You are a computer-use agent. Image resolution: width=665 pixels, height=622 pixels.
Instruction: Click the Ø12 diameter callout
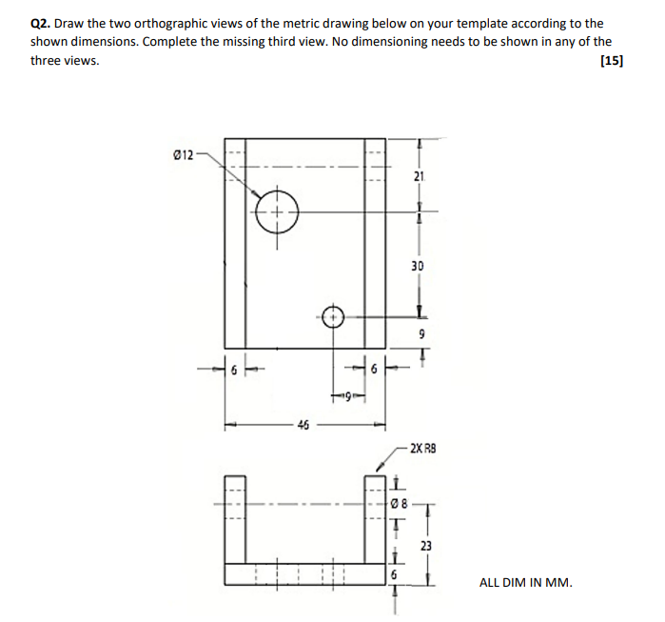(182, 154)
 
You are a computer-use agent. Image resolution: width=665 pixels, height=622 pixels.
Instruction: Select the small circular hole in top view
(333, 317)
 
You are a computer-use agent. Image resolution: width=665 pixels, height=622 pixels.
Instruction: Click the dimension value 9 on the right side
(421, 334)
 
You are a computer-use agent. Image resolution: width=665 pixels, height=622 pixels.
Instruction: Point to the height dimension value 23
(425, 546)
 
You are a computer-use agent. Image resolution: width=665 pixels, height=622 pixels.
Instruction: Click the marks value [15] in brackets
(613, 61)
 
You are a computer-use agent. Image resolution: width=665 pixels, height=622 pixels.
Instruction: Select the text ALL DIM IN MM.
(526, 582)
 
